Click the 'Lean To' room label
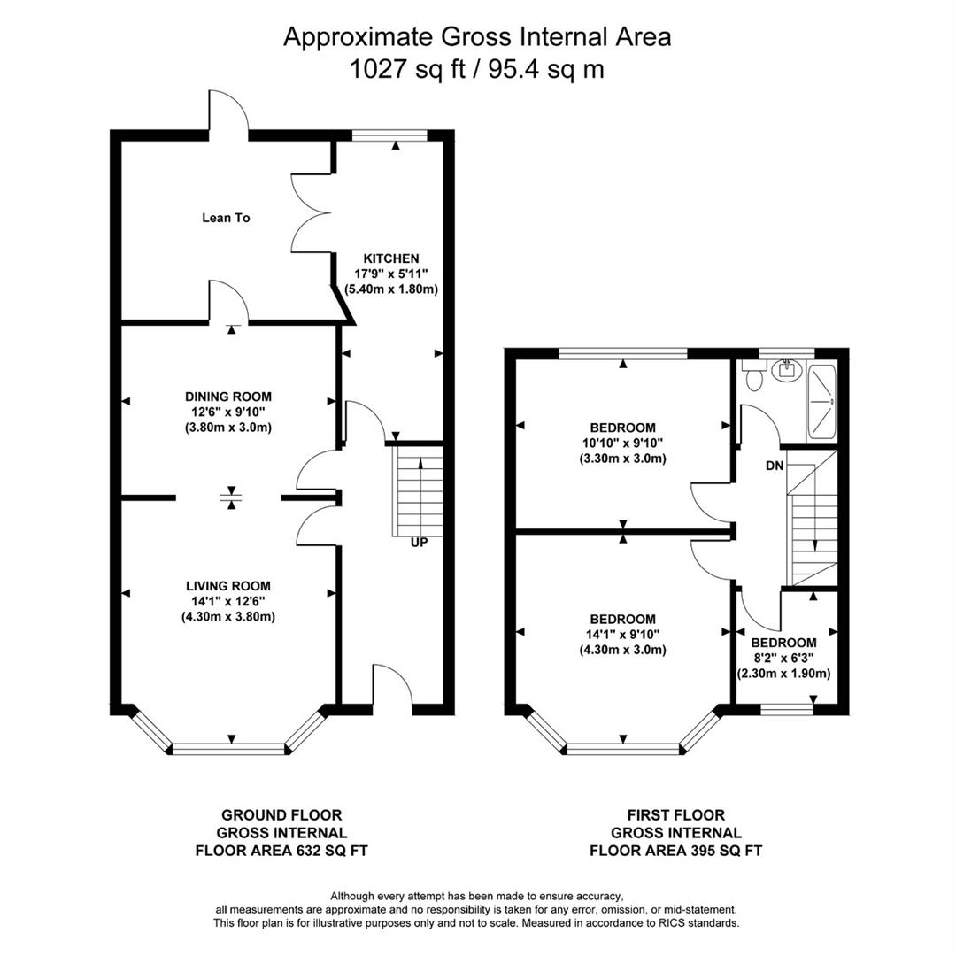[226, 217]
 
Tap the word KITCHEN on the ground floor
[385, 258]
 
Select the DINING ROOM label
[227, 397]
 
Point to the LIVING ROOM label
[227, 586]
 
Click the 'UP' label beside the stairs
[419, 542]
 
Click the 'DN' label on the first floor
[773, 465]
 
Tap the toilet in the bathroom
[754, 375]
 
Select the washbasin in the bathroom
[783, 370]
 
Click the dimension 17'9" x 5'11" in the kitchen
[385, 274]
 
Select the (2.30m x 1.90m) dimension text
[783, 674]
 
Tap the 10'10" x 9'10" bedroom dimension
[622, 443]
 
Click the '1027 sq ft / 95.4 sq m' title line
[477, 69]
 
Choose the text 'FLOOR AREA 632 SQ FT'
[281, 851]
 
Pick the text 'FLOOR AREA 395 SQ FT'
[676, 851]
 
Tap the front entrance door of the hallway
[392, 690]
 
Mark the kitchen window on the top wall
[389, 135]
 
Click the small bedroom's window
[787, 709]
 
